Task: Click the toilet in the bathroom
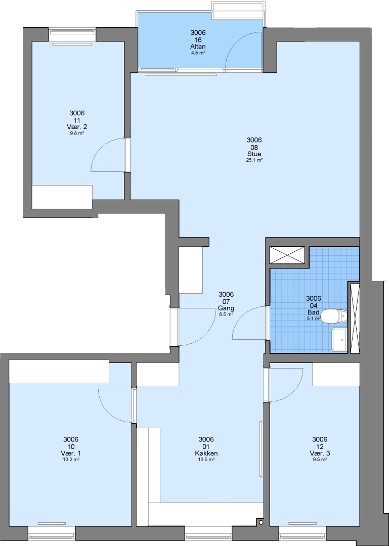[x=333, y=316]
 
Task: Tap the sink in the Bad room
[x=339, y=339]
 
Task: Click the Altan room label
[x=198, y=47]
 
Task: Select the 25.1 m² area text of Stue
[x=254, y=160]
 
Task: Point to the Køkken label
[x=206, y=453]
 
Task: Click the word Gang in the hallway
[x=226, y=308]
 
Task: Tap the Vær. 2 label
[x=77, y=127]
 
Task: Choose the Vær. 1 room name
[x=71, y=453]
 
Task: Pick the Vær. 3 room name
[x=320, y=453]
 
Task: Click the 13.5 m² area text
[x=206, y=459]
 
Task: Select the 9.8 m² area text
[x=77, y=133]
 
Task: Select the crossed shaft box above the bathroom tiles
[x=287, y=255]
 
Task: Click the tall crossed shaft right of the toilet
[x=355, y=318]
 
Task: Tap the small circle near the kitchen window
[x=261, y=522]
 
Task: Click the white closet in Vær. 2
[x=62, y=197]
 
